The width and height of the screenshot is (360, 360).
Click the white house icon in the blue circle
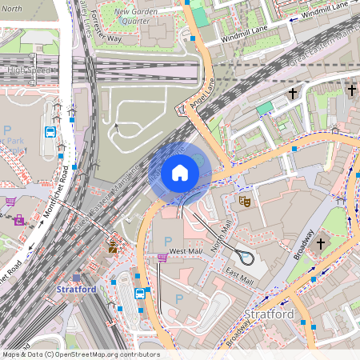[x=180, y=173]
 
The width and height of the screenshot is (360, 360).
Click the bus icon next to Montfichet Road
[x=50, y=133]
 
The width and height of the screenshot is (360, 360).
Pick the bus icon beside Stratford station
[x=140, y=293]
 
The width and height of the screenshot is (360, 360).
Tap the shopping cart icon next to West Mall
[x=162, y=257]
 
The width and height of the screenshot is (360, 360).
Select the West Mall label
[x=183, y=251]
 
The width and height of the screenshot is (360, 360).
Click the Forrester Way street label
[x=105, y=31]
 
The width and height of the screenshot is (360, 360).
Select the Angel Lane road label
[x=202, y=93]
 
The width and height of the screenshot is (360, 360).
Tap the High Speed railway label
[x=27, y=70]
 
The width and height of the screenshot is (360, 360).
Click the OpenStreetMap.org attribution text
[x=81, y=354]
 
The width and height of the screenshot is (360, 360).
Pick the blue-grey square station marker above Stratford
[x=77, y=301]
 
